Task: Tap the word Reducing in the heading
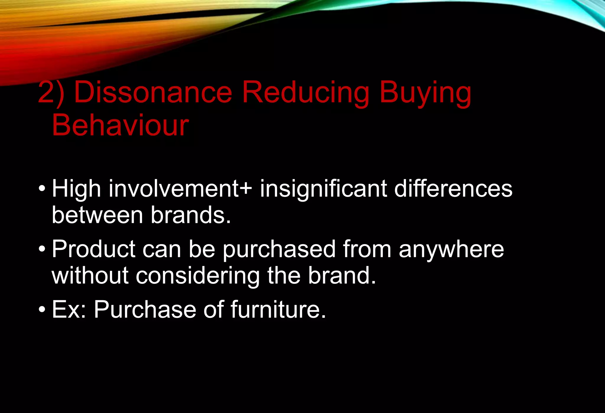coord(305,93)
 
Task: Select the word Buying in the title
coord(425,94)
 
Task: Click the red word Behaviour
coord(120,125)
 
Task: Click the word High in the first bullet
coord(77,190)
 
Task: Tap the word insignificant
coord(323,190)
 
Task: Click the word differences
coord(453,189)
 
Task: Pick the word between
coord(97,215)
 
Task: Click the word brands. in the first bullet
coord(191,215)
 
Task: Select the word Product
coord(94,249)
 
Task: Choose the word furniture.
coord(278,310)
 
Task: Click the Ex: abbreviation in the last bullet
coord(69,310)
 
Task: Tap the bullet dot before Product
coord(42,249)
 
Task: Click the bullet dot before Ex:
coord(42,310)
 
